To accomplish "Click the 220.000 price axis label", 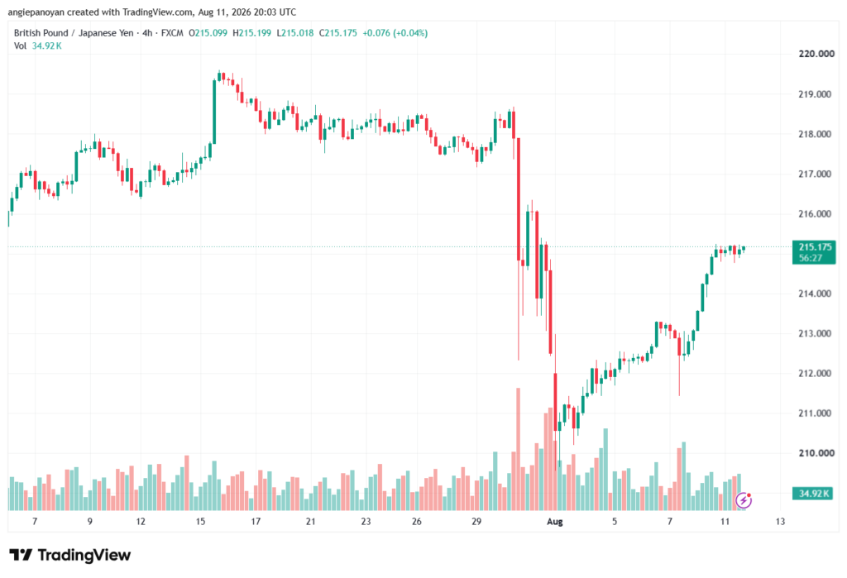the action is coord(816,54).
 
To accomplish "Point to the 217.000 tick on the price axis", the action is coord(815,174).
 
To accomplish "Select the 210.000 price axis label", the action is coord(816,452).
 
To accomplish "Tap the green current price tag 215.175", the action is coord(814,252).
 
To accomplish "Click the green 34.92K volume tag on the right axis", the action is coord(814,493).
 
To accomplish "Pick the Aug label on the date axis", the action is coord(555,521).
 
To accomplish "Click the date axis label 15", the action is coord(200,521).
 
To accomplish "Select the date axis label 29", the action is coord(476,521).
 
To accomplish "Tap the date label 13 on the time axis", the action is coord(780,521).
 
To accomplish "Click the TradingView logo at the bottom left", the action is coord(70,555).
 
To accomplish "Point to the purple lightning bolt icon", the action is coord(744,501).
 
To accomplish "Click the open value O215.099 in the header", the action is coord(208,33).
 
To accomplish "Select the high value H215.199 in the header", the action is coord(251,33).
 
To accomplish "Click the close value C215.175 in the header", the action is coord(338,33).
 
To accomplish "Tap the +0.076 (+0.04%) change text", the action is coord(395,33).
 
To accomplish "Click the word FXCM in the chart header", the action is coord(172,33).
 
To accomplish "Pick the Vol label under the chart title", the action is coord(20,46).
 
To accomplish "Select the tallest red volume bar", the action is coord(519,449).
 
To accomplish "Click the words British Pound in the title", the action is coord(41,33).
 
